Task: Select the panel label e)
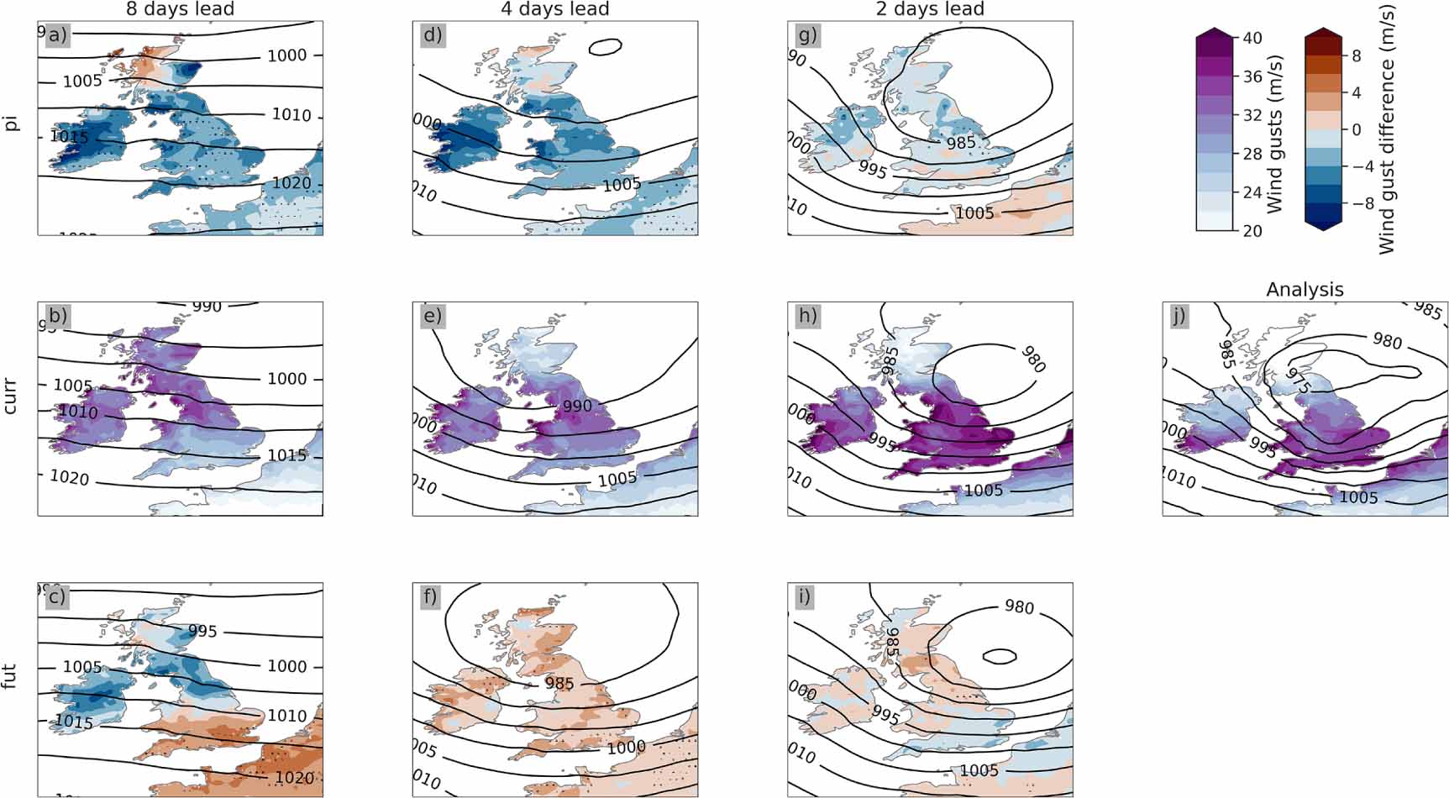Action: coord(433,316)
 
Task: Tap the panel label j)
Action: coord(1180,316)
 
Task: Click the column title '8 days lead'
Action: coord(180,9)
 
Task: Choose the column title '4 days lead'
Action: coord(554,9)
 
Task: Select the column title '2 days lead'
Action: coord(930,9)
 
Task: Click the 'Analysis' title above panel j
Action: coord(1305,290)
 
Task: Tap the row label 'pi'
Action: coord(11,123)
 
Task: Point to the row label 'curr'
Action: coord(11,397)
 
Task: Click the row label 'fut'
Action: coord(11,676)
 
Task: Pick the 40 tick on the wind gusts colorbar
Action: coord(1252,38)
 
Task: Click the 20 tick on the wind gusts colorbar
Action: coord(1252,231)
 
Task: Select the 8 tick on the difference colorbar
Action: coord(1356,56)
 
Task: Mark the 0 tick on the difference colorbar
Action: coord(1356,130)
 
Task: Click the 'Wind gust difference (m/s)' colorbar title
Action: coord(1386,130)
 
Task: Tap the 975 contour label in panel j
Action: coord(1298,381)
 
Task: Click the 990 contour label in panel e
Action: coord(577,406)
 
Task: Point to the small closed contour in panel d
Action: coord(606,47)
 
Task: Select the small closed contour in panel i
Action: coord(1000,655)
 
